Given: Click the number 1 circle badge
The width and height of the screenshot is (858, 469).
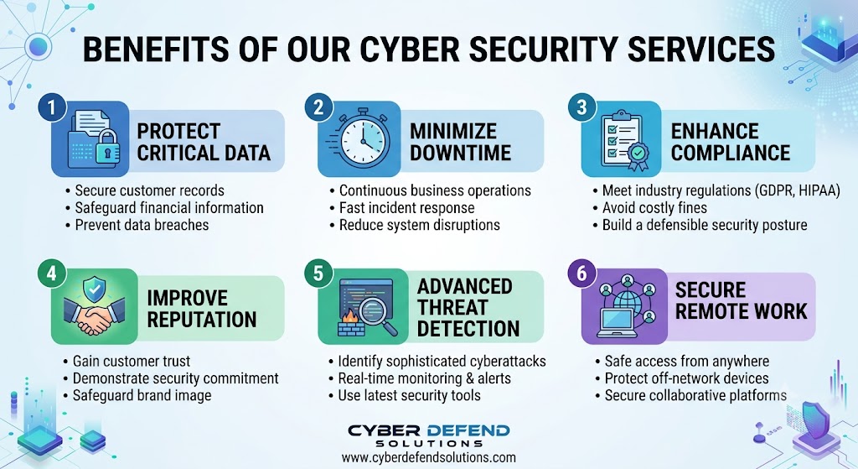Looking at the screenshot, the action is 52,107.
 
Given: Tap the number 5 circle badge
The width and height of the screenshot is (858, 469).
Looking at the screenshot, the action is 318,273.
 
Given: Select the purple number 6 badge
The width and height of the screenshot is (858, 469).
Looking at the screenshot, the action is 581,273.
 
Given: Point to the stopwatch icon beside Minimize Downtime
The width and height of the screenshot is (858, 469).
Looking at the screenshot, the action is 361,138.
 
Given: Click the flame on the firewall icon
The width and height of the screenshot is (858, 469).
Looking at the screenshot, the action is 348,316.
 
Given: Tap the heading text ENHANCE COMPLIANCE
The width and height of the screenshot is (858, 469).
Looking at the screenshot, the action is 731,142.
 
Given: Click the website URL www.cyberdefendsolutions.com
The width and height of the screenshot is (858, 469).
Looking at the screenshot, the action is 428,457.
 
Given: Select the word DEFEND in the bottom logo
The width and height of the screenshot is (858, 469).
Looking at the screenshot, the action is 468,430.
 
